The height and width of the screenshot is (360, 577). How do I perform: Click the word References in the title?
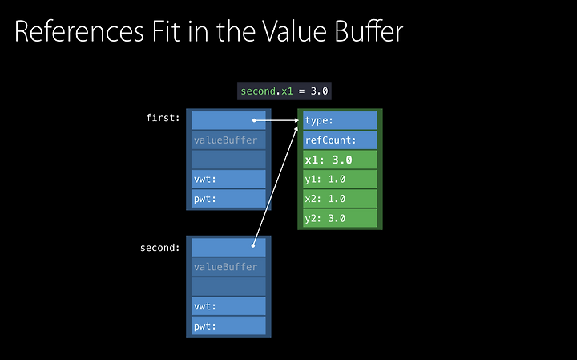(x=79, y=31)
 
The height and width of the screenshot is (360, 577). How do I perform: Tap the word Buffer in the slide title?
(x=369, y=31)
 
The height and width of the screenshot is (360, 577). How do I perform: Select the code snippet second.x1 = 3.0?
(x=284, y=91)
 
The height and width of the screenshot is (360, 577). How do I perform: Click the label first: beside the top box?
(x=163, y=118)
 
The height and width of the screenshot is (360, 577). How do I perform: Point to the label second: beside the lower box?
(x=160, y=248)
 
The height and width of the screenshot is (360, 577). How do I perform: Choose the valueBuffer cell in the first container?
(x=228, y=140)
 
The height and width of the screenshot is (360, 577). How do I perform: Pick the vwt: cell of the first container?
(x=228, y=180)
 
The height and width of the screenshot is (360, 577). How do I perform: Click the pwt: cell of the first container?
(x=228, y=199)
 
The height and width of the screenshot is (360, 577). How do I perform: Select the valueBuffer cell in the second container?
(x=228, y=267)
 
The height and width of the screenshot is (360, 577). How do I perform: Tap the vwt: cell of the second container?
(x=228, y=306)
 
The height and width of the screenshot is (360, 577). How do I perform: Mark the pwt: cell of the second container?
(x=228, y=326)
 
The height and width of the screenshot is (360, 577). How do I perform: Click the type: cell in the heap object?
(x=340, y=120)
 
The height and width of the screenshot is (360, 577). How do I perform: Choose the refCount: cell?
(x=340, y=140)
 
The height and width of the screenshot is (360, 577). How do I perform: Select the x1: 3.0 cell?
(x=340, y=160)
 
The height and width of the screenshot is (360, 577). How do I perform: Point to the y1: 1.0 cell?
(x=340, y=180)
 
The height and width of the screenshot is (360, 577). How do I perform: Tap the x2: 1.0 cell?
(x=340, y=199)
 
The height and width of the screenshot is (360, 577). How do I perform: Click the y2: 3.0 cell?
(x=340, y=219)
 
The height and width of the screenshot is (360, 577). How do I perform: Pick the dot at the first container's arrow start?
(x=254, y=120)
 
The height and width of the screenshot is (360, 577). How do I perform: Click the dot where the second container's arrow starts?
(x=253, y=245)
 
